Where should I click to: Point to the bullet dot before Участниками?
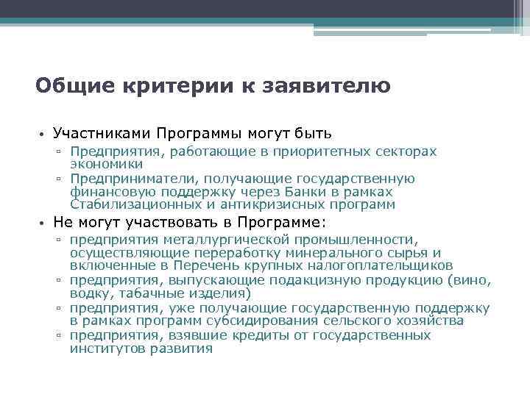click(x=43, y=135)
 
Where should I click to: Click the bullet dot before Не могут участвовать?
click(x=43, y=223)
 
